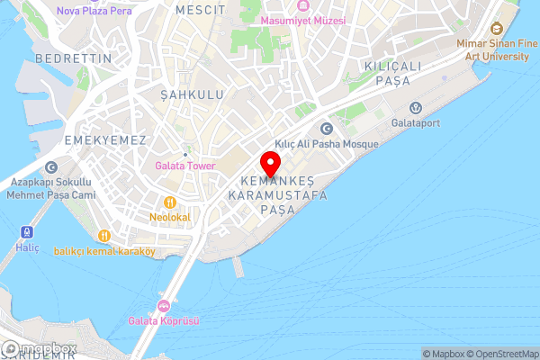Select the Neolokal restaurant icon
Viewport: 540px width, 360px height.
pos(168,202)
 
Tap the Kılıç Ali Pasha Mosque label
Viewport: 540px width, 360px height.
pos(326,143)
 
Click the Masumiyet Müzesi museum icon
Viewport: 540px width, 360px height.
pos(301,5)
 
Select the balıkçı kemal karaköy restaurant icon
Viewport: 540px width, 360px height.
pos(104,236)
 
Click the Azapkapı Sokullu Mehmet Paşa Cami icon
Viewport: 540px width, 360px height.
pos(50,167)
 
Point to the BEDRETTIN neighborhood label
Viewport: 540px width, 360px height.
pos(74,58)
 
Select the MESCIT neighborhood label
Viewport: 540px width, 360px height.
pos(201,9)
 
